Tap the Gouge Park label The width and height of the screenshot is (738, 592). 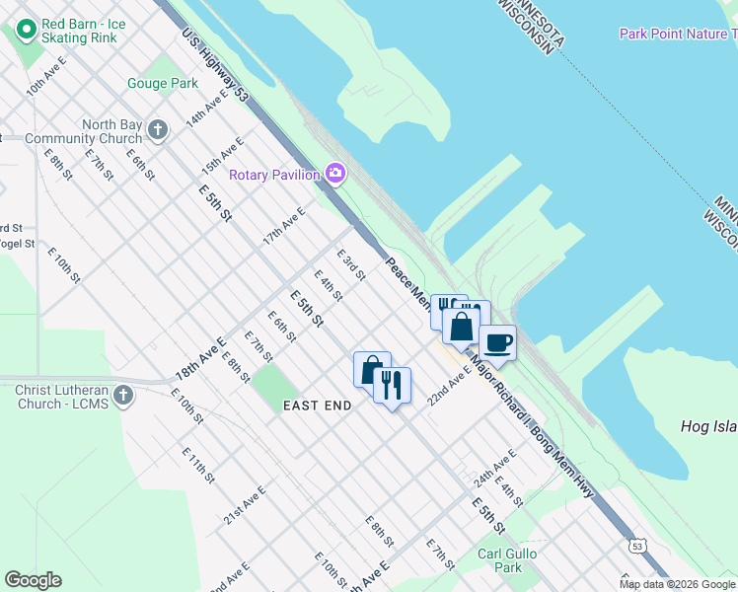tap(162, 84)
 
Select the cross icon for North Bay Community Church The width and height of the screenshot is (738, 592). tap(156, 129)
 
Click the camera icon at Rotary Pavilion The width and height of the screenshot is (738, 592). tap(335, 174)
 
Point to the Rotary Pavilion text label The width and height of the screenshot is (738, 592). tap(274, 175)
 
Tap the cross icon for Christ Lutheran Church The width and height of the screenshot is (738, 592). tap(122, 396)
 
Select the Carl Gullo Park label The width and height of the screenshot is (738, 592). tap(507, 560)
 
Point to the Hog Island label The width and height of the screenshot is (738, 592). tap(708, 426)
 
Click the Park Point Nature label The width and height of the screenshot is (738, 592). tap(677, 34)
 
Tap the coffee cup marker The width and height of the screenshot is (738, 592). tap(497, 343)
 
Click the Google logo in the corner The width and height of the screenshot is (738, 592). tap(33, 580)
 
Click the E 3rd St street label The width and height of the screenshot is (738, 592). tap(351, 263)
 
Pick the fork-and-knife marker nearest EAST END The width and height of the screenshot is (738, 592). tap(393, 385)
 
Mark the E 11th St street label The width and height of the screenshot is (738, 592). tap(197, 464)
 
